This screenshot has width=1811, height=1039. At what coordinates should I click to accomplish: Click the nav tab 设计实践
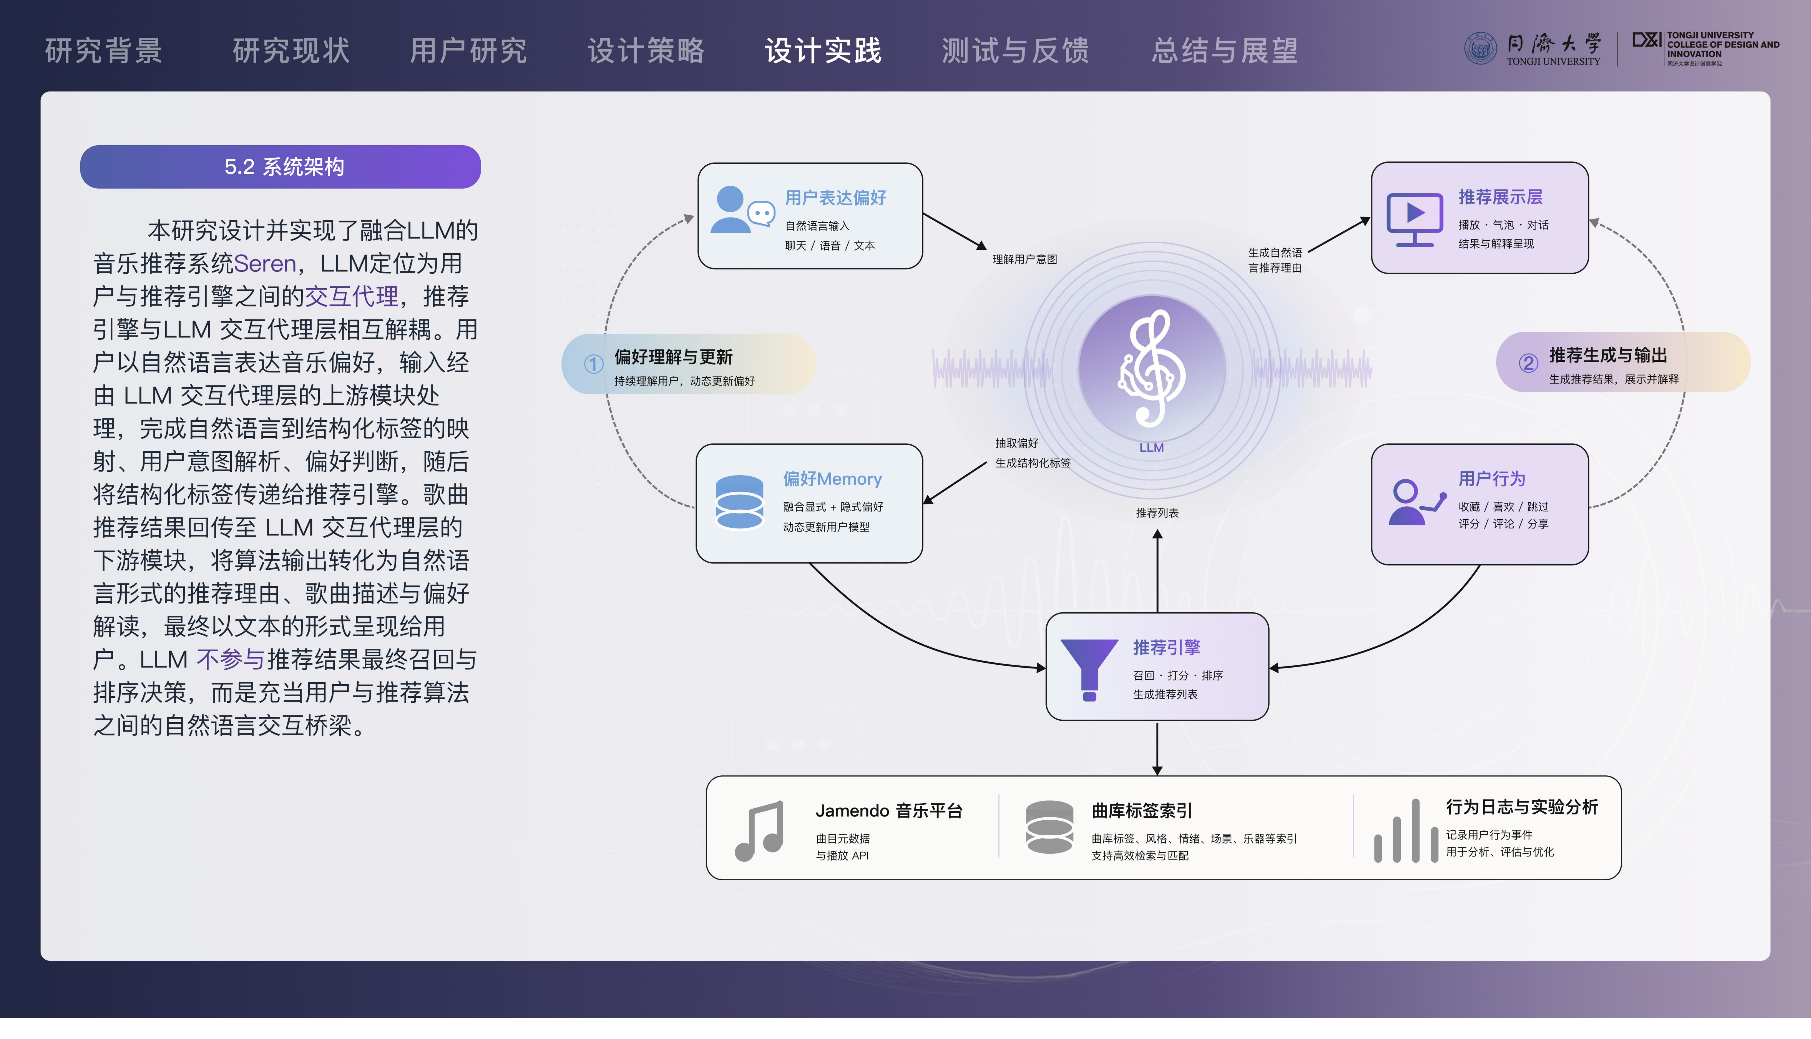[x=823, y=51]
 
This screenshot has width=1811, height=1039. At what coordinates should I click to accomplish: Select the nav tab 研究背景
[x=103, y=51]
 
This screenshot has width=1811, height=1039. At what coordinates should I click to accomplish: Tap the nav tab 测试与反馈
[x=1015, y=51]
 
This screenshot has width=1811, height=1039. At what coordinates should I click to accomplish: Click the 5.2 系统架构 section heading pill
[x=281, y=167]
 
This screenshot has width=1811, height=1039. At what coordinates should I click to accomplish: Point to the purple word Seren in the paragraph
[x=265, y=263]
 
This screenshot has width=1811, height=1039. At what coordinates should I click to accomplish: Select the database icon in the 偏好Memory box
[x=739, y=502]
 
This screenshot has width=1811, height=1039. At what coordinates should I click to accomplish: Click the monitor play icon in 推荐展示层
[x=1414, y=219]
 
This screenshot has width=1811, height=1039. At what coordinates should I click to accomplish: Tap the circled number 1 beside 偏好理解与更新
[x=593, y=364]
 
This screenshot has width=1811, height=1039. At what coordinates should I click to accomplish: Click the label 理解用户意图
[x=1024, y=259]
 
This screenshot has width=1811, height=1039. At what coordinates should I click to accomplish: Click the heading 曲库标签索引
[x=1141, y=811]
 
